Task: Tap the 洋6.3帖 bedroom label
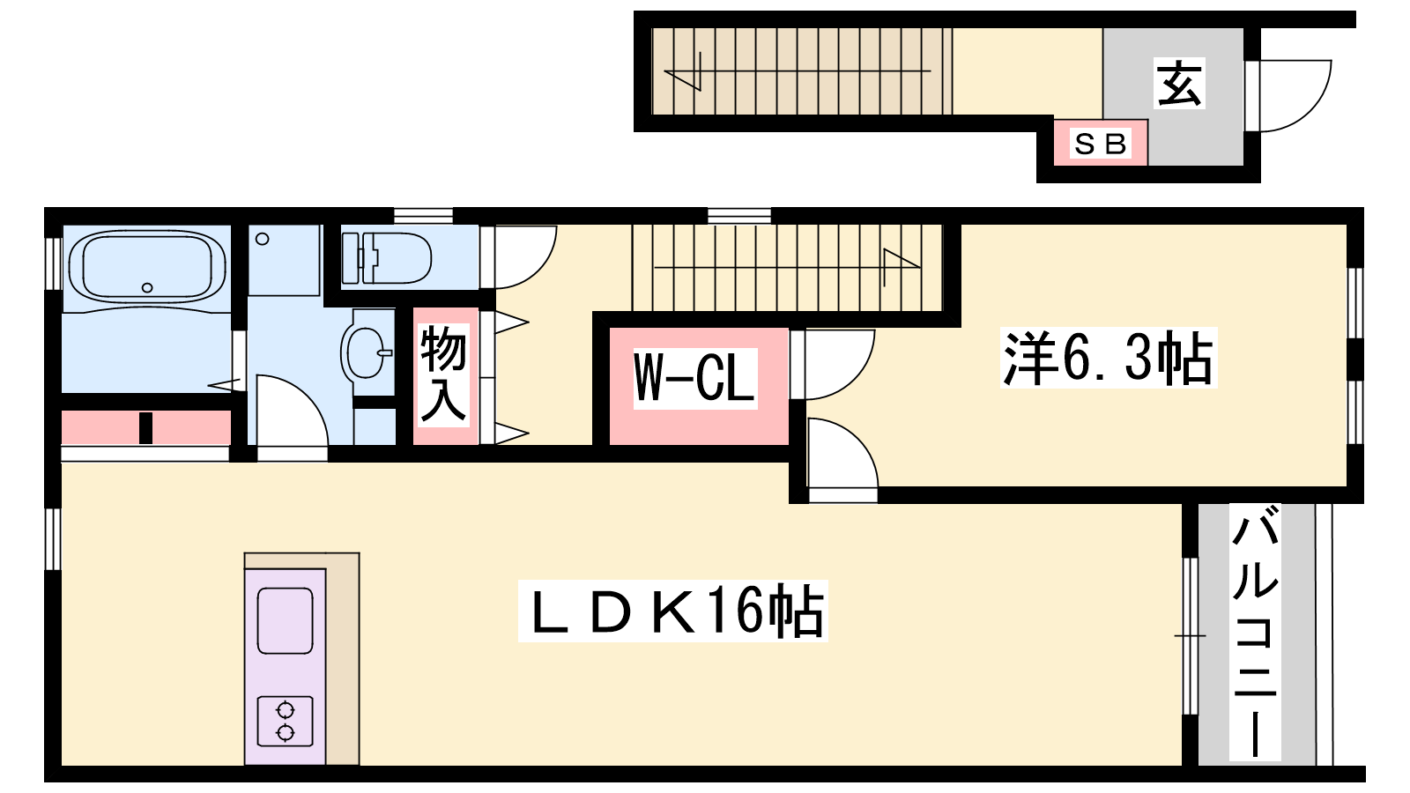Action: (x=1109, y=358)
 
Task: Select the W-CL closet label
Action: (x=695, y=378)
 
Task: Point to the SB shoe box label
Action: (x=1101, y=144)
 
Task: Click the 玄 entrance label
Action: (x=1179, y=85)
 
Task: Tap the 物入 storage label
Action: (x=443, y=374)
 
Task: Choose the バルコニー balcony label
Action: (x=1255, y=631)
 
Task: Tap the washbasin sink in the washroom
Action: (x=367, y=352)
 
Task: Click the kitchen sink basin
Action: (x=285, y=620)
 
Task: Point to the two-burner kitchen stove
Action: (x=285, y=721)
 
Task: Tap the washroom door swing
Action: (x=291, y=414)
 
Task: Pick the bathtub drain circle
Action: (x=147, y=287)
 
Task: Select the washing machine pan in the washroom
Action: (x=284, y=260)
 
